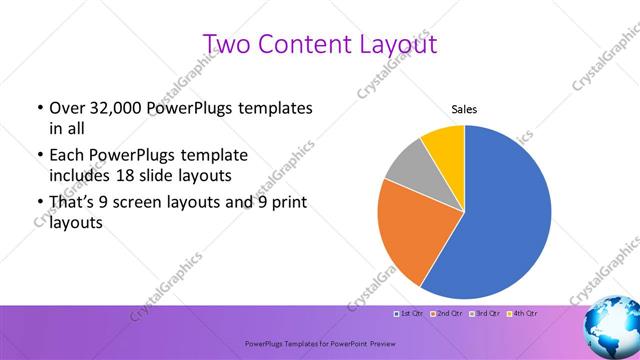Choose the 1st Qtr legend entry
(x=409, y=313)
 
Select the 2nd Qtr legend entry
(x=445, y=313)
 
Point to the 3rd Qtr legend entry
(x=482, y=313)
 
